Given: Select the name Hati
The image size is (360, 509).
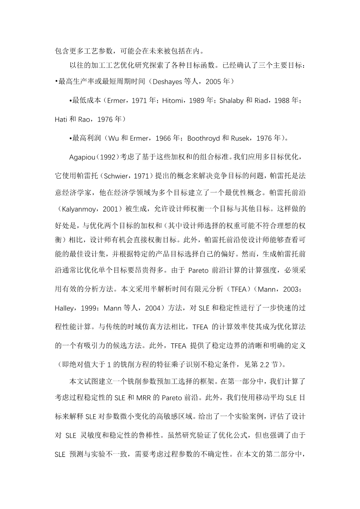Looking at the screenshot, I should tap(61, 119).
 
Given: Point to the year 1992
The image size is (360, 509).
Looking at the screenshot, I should tap(105, 157).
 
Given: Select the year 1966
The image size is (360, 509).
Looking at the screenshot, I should tap(170, 138).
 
